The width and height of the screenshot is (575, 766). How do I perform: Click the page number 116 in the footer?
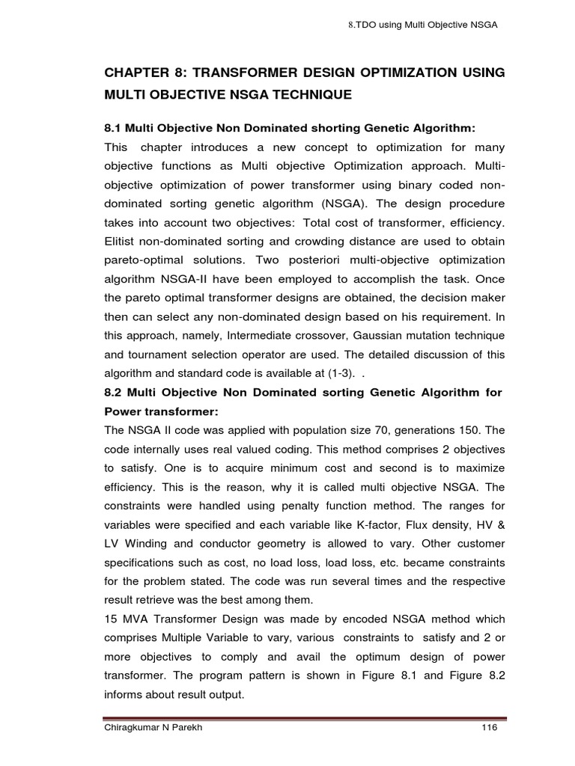tap(487, 727)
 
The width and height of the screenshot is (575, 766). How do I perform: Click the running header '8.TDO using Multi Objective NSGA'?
tap(423, 25)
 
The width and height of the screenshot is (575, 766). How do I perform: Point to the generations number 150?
tap(470, 430)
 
